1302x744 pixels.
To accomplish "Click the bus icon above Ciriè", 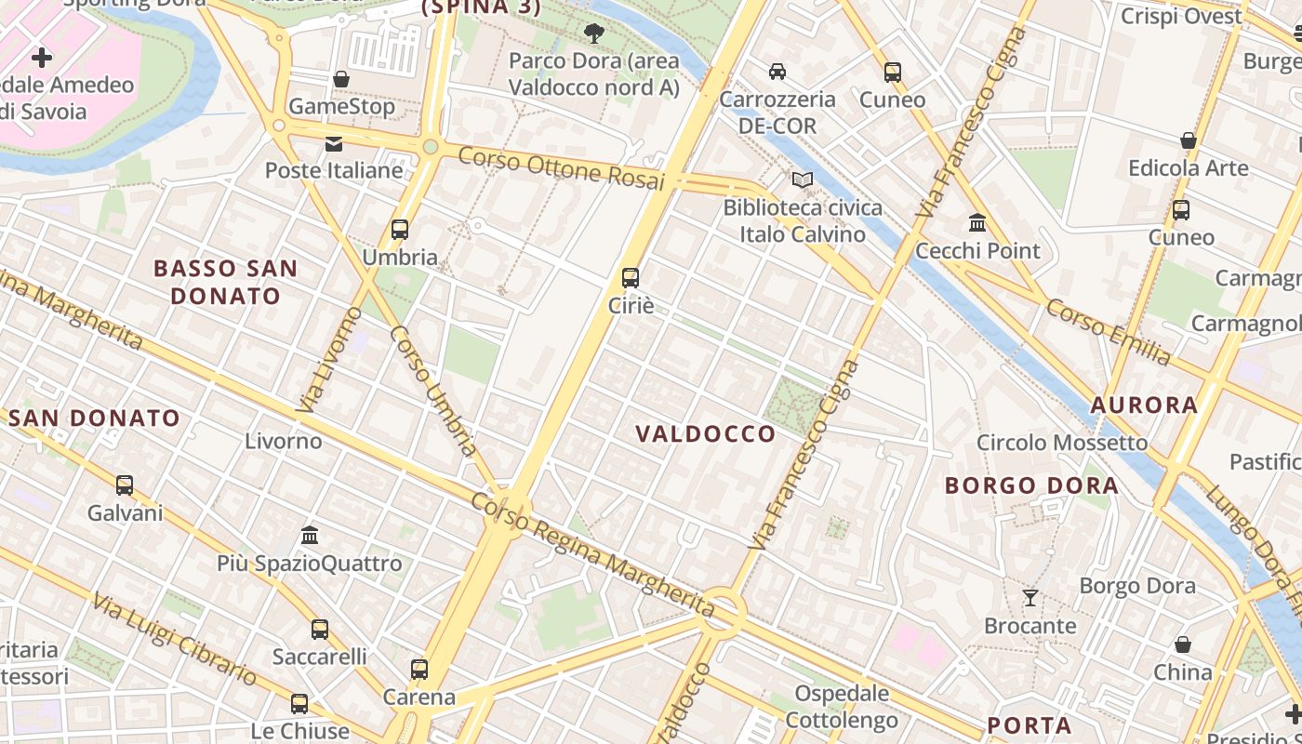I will point(630,277).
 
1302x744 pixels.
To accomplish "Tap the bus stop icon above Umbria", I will point(400,229).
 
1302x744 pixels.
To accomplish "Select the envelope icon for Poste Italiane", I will point(333,144).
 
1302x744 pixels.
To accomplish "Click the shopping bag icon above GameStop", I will point(341,79).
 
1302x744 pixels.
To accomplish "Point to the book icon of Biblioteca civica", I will point(802,179).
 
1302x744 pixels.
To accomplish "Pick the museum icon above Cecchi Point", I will point(977,223).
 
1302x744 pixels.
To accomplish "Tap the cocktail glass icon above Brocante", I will point(1030,597).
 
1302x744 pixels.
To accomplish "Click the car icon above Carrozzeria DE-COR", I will point(777,71).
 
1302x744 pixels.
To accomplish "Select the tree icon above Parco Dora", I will point(593,33).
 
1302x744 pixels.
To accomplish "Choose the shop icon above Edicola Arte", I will point(1188,140).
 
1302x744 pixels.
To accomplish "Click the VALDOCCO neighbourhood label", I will point(706,433).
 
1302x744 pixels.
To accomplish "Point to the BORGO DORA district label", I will point(1031,485).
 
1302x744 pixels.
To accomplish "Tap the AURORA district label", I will point(1144,405).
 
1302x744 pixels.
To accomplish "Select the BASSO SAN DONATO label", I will point(225,282).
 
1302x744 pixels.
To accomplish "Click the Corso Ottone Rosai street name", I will point(562,167).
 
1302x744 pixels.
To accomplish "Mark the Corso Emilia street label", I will point(1108,332).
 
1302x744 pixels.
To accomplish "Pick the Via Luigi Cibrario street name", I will point(174,638).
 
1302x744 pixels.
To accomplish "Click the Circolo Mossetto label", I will point(1062,443).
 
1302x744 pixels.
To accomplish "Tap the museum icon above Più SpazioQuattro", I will point(310,536).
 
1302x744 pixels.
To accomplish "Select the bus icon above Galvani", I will point(125,485).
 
